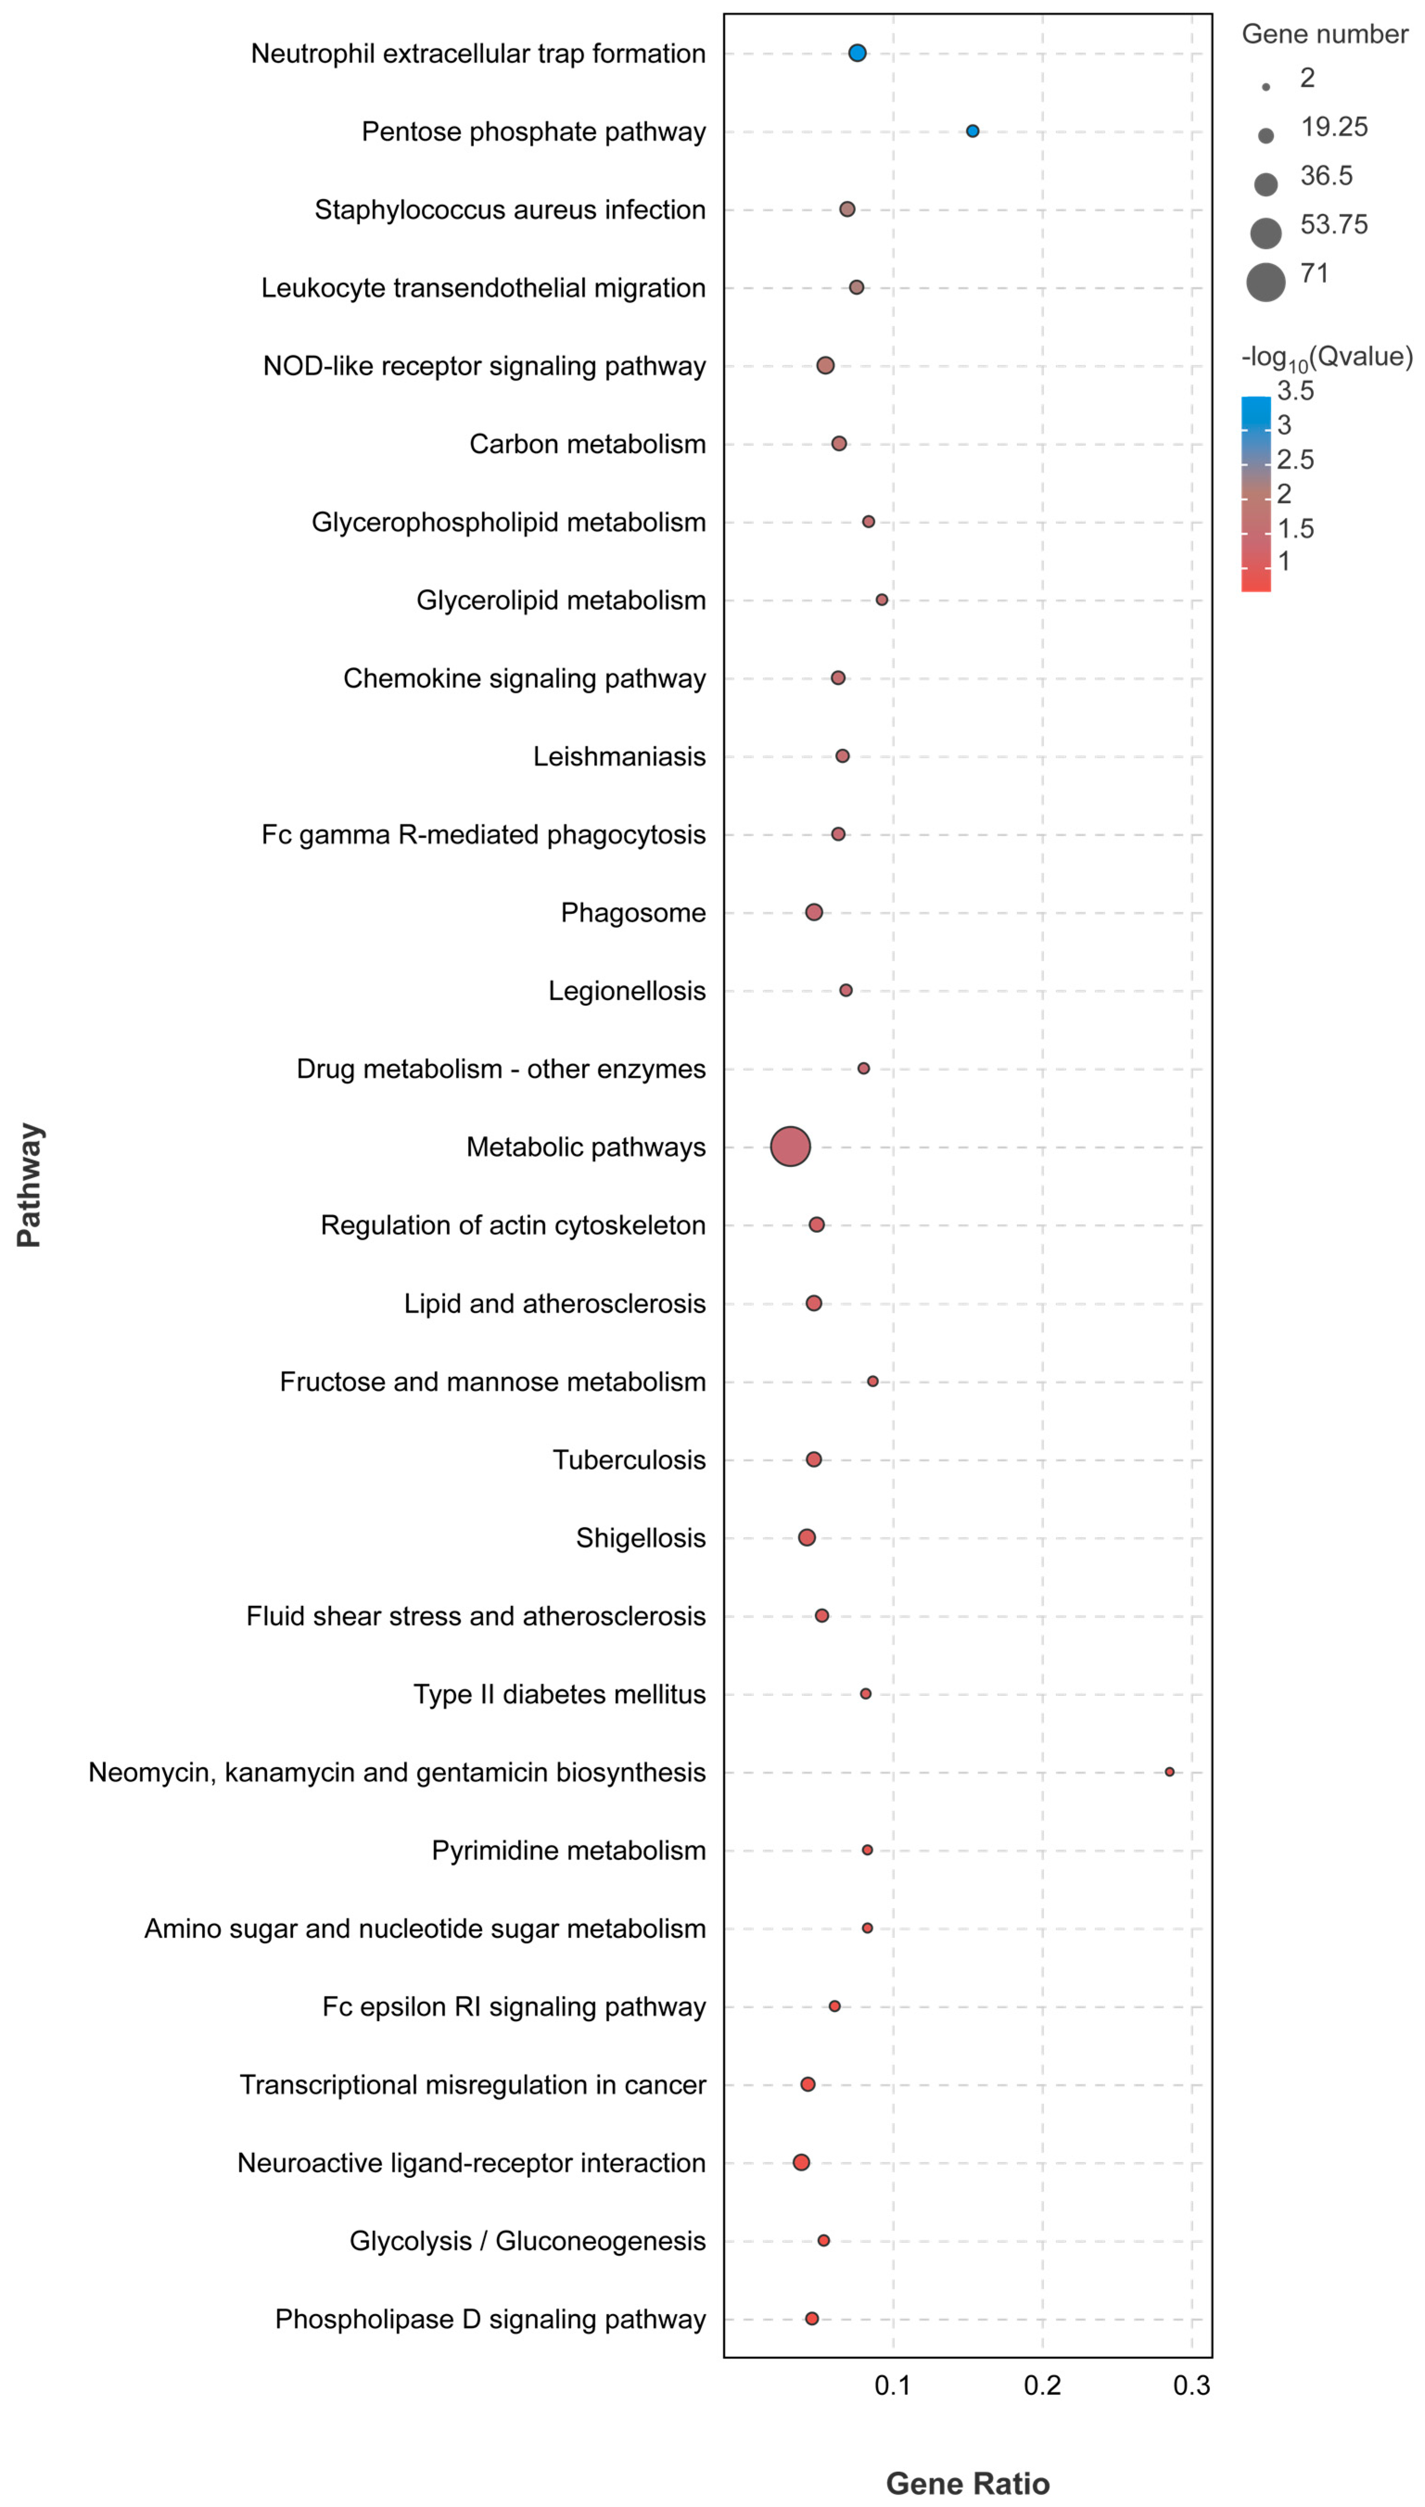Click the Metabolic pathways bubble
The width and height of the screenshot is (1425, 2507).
[x=790, y=1146]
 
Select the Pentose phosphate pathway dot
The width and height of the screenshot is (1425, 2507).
[x=972, y=131]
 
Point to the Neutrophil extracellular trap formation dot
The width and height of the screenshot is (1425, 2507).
[x=857, y=53]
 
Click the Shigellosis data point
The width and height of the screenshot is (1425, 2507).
[x=806, y=1537]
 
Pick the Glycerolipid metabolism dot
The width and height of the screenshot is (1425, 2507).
[x=882, y=600]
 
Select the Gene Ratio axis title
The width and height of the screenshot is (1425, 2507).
[x=967, y=2482]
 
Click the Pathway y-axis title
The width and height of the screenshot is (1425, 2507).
[x=29, y=1185]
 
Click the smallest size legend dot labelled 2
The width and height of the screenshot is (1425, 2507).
[x=1266, y=87]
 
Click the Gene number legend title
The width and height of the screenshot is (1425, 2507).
[x=1324, y=34]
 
